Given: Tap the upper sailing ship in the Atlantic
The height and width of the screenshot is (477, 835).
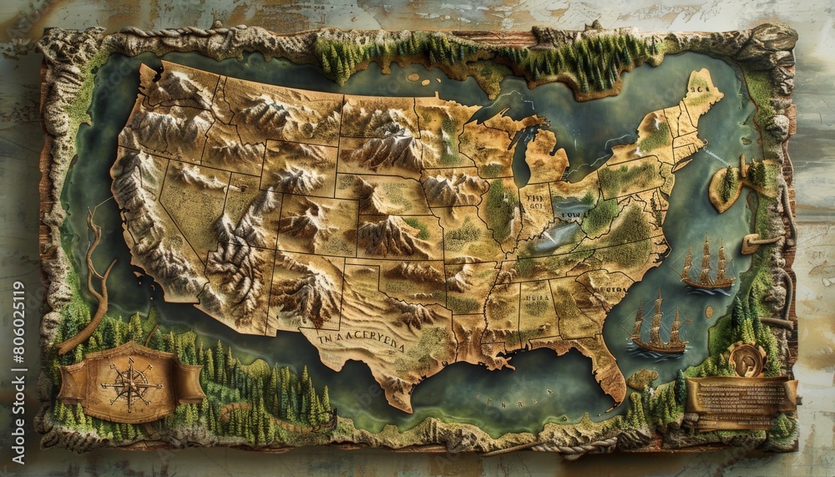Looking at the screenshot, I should coord(706,266).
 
